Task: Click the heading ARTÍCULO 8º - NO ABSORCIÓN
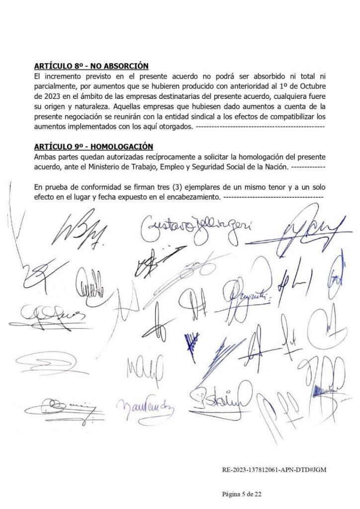pyautogui.click(x=91, y=66)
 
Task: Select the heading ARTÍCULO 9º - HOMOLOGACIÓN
pyautogui.click(x=93, y=147)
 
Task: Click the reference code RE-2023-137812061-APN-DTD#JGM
pyautogui.click(x=274, y=469)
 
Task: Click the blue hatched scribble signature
pyautogui.click(x=192, y=343)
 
